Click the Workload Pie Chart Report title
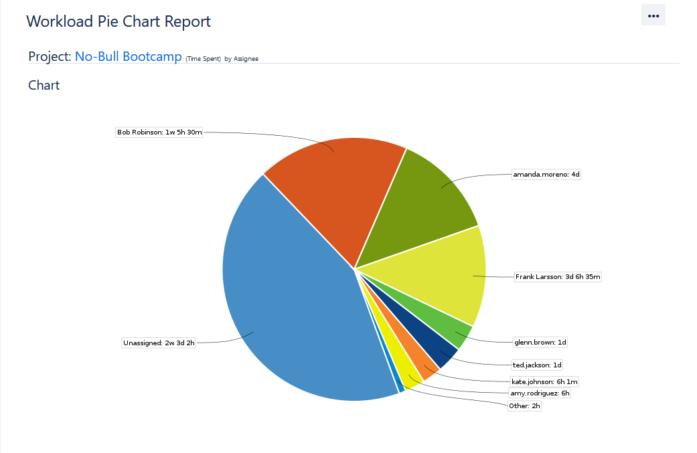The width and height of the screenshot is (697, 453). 119,21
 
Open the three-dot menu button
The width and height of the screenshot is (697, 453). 653,15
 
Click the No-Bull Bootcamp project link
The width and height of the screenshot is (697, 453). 128,57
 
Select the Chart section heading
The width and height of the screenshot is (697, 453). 44,85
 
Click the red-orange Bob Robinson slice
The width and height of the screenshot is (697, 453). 335,187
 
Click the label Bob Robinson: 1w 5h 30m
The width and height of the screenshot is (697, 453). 159,132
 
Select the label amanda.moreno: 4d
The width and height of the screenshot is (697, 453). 546,175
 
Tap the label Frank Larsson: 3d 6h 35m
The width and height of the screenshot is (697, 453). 558,276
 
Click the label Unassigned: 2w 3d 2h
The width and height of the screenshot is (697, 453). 159,343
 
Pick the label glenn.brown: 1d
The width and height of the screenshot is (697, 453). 540,342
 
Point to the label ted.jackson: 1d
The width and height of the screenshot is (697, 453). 537,365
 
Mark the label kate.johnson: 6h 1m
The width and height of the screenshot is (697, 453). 544,381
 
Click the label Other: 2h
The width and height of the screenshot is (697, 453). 524,405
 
